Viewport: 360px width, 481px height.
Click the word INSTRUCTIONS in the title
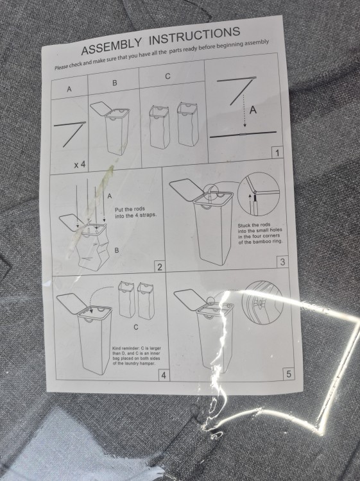(x=196, y=36)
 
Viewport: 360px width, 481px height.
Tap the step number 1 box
(x=277, y=153)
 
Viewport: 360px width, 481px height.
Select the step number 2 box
(x=160, y=267)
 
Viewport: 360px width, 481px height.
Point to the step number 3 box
(x=282, y=262)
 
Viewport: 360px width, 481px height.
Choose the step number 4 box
(x=163, y=375)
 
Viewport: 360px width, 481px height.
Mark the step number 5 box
(x=288, y=375)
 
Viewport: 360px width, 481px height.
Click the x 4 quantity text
(x=80, y=165)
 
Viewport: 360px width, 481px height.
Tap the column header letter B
(x=114, y=83)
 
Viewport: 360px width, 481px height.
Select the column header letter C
(x=167, y=76)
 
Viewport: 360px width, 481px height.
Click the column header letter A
(x=69, y=89)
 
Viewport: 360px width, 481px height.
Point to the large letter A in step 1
(x=253, y=110)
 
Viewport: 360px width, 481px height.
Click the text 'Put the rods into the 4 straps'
(x=135, y=212)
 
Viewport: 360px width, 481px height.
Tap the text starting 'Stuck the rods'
(x=261, y=233)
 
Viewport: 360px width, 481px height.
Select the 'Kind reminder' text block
(x=137, y=356)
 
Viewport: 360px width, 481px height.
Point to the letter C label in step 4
(x=136, y=327)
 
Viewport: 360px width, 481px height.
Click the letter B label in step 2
(x=116, y=250)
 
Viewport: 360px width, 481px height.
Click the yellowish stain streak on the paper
(x=92, y=208)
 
